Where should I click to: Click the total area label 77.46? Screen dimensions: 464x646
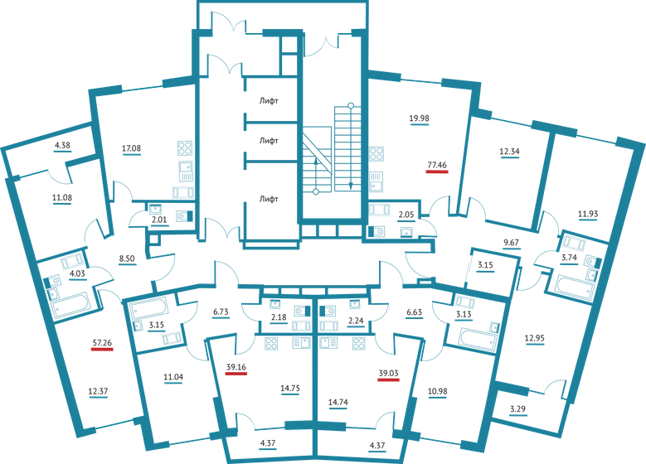[436, 165]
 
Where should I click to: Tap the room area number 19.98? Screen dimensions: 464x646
[419, 118]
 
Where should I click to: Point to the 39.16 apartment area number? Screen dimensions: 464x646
[236, 365]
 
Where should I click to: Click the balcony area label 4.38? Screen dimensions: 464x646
[63, 146]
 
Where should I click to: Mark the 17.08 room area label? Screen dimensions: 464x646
[132, 149]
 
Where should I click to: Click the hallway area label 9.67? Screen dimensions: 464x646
[513, 243]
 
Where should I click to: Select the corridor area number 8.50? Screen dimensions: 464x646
[127, 259]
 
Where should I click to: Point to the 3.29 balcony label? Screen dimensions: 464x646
[517, 408]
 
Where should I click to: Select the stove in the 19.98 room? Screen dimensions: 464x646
[376, 154]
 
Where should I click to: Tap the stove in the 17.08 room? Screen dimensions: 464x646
[184, 150]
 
